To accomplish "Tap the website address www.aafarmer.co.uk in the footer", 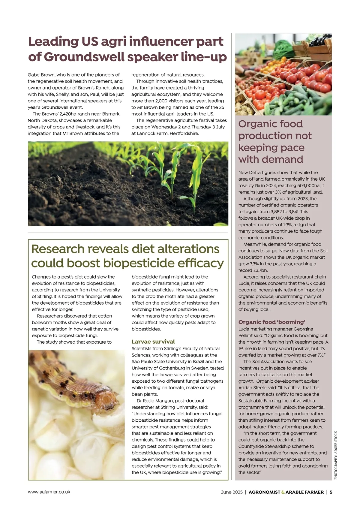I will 49,492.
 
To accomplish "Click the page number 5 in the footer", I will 331,492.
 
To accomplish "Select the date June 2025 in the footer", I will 232,492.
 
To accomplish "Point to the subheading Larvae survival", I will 153,342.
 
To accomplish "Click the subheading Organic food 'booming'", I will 272,322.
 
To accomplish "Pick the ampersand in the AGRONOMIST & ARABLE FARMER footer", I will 283,492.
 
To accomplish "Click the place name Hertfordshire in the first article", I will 184,133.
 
